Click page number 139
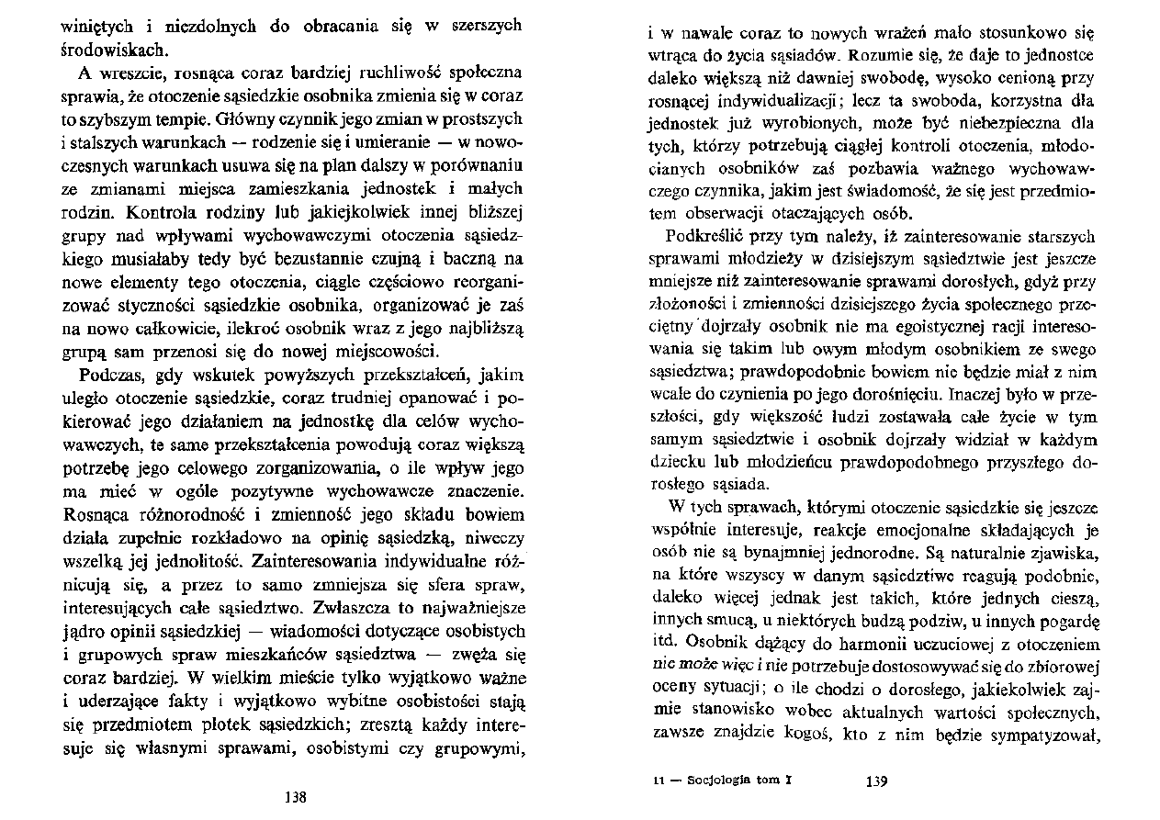click(875, 782)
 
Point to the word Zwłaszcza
click(353, 607)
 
